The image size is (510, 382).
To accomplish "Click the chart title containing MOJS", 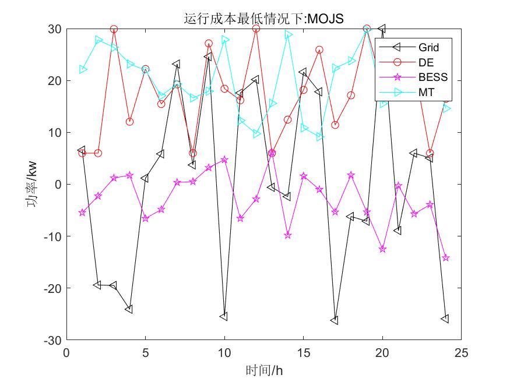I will click(263, 19).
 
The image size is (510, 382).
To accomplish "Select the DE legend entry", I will click(426, 62).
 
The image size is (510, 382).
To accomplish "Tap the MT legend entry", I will click(426, 92).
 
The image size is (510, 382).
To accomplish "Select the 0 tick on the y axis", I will click(58, 185).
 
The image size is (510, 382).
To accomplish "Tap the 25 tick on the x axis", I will click(461, 353).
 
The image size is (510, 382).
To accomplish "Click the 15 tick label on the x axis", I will click(303, 353).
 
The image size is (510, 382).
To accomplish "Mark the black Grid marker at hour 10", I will click(224, 317).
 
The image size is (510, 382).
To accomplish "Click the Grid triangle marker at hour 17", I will click(335, 321).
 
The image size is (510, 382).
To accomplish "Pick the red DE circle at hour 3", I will click(114, 29).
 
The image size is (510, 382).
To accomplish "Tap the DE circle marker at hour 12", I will click(256, 29).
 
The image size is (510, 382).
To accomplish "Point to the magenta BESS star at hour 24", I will click(445, 257).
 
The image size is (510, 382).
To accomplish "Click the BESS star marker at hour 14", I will click(287, 235).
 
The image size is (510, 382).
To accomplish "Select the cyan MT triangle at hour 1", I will click(82, 69).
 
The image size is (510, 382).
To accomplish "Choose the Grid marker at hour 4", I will click(129, 309).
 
